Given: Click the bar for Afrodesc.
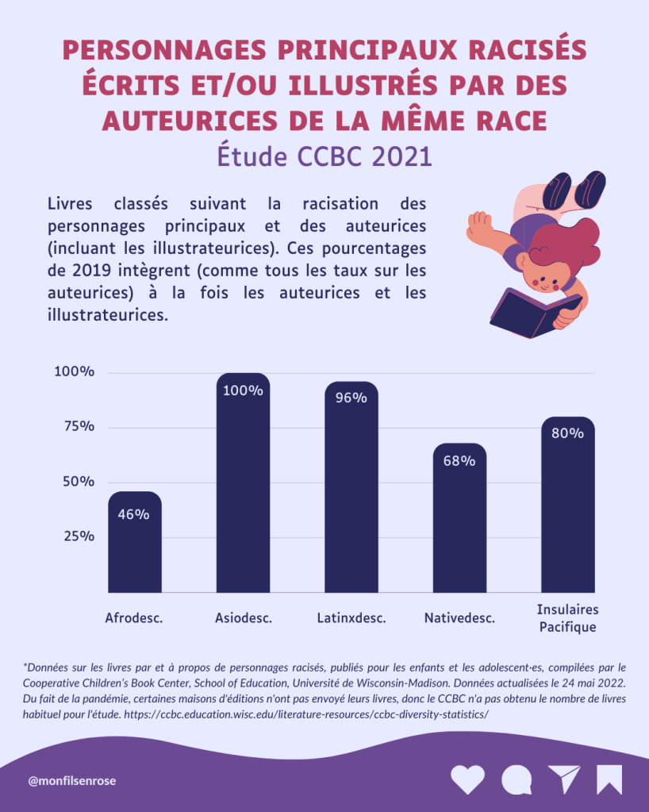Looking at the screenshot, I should (x=135, y=548).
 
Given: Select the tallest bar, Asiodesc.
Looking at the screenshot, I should (x=243, y=492).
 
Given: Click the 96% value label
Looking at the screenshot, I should (x=351, y=398).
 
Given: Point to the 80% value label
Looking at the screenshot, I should (x=567, y=433).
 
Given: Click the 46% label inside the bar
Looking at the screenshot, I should (x=133, y=514).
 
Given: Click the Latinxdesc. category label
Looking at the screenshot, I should (x=351, y=618).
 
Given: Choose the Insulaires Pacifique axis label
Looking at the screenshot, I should (x=567, y=618).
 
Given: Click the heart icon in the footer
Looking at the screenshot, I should (x=467, y=779).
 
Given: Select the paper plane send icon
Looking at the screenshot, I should (x=564, y=779).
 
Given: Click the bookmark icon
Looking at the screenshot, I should (x=609, y=779).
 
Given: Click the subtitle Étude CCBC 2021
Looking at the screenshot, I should (x=324, y=156).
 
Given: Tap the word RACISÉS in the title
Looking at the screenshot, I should (x=524, y=51).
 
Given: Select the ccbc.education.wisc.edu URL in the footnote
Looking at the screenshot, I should (x=306, y=714).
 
